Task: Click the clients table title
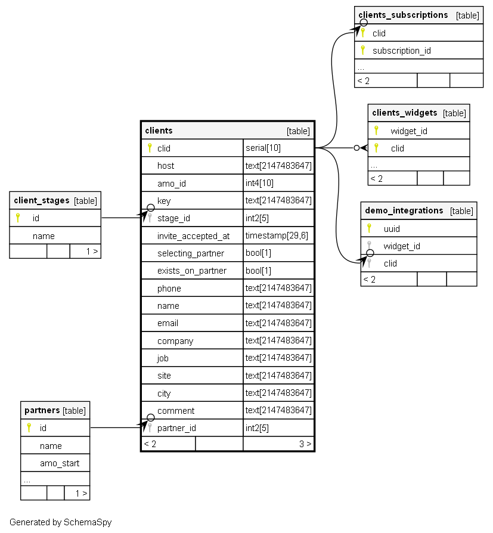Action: pos(159,131)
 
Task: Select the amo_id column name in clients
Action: pos(171,183)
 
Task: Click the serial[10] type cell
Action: pos(263,148)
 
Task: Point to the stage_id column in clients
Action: pos(173,218)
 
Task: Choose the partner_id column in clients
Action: pos(176,427)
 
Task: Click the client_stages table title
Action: pos(42,200)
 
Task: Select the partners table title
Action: pos(42,410)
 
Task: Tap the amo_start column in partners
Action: pos(60,463)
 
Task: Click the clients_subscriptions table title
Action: pos(403,15)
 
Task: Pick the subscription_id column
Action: pos(401,51)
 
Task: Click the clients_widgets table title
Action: pos(404,113)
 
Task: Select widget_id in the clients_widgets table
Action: pos(409,131)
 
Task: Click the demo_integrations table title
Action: pos(404,210)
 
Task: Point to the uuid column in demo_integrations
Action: pos(392,228)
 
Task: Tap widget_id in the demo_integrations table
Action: pos(402,246)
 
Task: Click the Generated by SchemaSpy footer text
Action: pos(60,522)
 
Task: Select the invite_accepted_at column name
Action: pos(193,235)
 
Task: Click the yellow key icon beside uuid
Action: pos(369,228)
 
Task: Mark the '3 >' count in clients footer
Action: pos(305,444)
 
